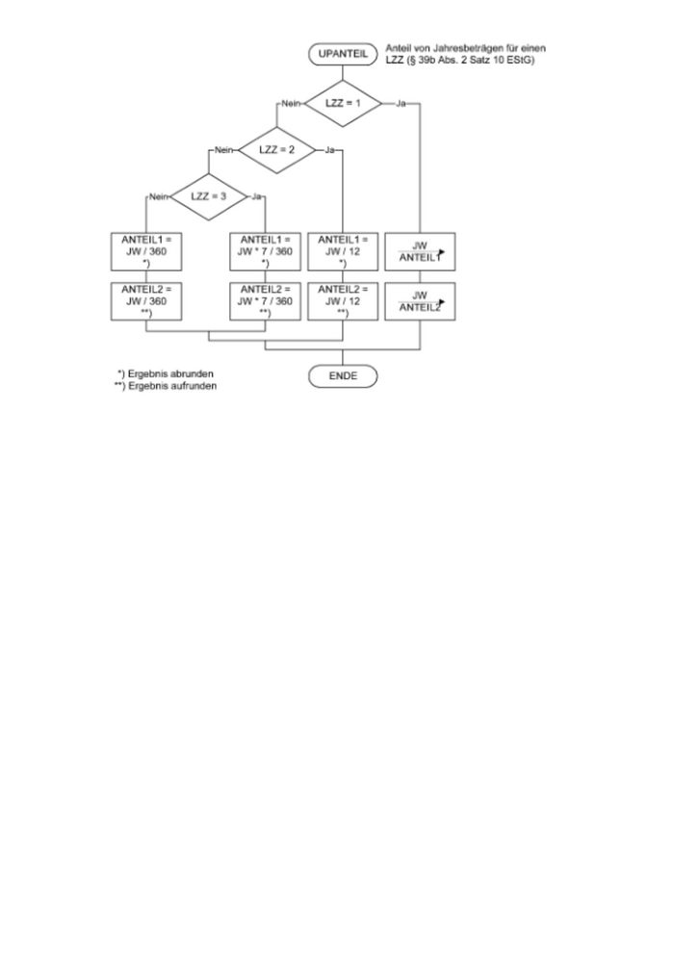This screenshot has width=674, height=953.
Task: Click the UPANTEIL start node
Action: coord(343,55)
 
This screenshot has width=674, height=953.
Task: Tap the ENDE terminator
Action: coord(343,375)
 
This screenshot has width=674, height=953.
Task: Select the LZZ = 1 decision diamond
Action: coord(343,102)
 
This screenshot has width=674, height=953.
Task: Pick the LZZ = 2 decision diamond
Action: coord(275,150)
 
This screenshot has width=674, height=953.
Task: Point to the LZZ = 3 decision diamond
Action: coord(208,196)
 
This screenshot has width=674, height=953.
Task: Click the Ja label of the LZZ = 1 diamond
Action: coord(401,103)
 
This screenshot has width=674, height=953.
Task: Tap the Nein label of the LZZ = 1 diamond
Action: coord(291,103)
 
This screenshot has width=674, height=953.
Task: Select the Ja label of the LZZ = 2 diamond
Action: coord(329,150)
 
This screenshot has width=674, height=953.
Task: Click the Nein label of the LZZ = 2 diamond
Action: coord(224,150)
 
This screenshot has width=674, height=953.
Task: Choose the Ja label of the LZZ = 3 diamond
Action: coord(257,196)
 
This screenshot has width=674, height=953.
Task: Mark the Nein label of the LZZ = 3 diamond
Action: coord(158,196)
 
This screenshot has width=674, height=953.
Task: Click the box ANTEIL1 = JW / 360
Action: coord(145,250)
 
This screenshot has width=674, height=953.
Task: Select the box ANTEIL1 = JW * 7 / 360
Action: coord(265,250)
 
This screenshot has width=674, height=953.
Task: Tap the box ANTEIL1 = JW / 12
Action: coord(343,250)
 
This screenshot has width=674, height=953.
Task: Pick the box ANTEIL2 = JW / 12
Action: coord(343,300)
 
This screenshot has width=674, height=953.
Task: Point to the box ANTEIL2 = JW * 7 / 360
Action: coord(265,300)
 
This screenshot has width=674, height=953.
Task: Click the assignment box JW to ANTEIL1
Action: coord(419,250)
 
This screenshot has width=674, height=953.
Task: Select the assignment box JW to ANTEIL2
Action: coord(419,300)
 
